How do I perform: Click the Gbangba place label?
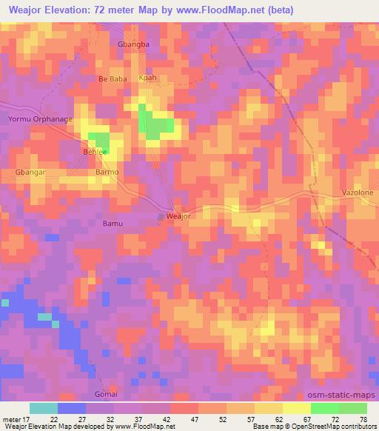(x=134, y=44)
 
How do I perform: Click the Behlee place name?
(x=94, y=151)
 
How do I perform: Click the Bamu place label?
(x=113, y=222)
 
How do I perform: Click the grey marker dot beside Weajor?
(x=161, y=217)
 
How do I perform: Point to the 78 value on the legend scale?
(x=363, y=419)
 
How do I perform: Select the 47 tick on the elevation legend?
(x=192, y=419)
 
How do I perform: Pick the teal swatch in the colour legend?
(x=44, y=408)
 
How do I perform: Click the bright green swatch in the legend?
(x=324, y=408)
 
